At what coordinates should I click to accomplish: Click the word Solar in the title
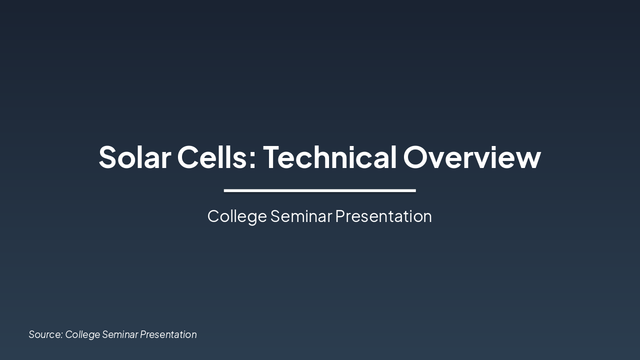click(x=134, y=157)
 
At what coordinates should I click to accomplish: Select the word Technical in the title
click(x=329, y=157)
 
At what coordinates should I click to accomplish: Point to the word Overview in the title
click(x=472, y=157)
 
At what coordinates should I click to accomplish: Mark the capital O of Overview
click(x=416, y=157)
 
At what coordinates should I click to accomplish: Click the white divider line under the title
click(x=320, y=190)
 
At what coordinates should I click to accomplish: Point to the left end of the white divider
click(x=225, y=190)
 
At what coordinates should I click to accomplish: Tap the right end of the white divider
click(x=414, y=190)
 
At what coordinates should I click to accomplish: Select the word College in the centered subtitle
click(x=237, y=216)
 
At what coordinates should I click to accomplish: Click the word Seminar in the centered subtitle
click(x=301, y=216)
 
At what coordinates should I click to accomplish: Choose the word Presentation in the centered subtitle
click(x=383, y=216)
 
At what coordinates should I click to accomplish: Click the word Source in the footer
click(x=44, y=334)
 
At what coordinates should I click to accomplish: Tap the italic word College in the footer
click(x=82, y=334)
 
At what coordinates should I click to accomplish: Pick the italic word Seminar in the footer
click(x=120, y=334)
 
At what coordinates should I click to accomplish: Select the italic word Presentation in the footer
click(x=168, y=334)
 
